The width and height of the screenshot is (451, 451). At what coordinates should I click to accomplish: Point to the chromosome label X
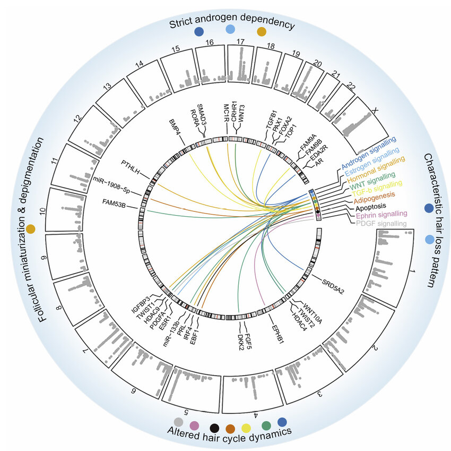click(375, 111)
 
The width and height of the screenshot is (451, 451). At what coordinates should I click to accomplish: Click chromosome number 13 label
click(108, 87)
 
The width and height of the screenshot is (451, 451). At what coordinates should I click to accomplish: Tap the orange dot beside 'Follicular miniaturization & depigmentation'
click(31, 229)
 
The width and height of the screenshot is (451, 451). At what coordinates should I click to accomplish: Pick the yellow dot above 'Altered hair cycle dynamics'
click(246, 427)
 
